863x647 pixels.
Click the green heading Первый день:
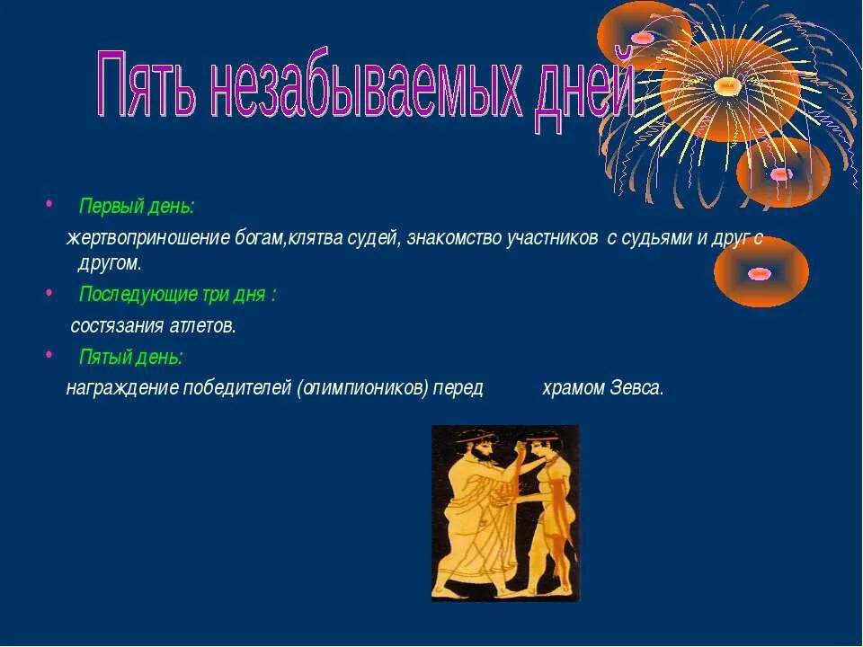[137, 207]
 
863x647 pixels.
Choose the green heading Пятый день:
[131, 357]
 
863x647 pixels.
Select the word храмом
[574, 388]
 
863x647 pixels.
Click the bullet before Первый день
[49, 204]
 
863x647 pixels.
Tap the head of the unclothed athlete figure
[538, 445]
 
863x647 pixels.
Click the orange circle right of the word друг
[761, 271]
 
